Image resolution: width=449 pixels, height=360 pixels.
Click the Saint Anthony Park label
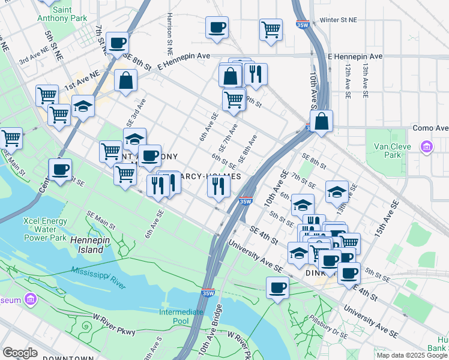[70, 14]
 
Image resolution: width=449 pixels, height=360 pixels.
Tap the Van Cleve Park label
[392, 150]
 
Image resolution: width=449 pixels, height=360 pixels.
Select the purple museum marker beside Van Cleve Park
[427, 146]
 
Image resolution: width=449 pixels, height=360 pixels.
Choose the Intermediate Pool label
[181, 316]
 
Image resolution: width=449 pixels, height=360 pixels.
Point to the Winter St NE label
[338, 20]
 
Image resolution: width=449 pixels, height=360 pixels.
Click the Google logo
[20, 353]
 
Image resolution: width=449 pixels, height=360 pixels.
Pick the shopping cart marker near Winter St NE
[271, 28]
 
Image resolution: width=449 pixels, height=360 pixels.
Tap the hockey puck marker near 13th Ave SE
[337, 191]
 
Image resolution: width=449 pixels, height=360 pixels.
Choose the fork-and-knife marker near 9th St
[256, 73]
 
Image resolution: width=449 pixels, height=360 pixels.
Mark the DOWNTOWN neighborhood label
[71, 358]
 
